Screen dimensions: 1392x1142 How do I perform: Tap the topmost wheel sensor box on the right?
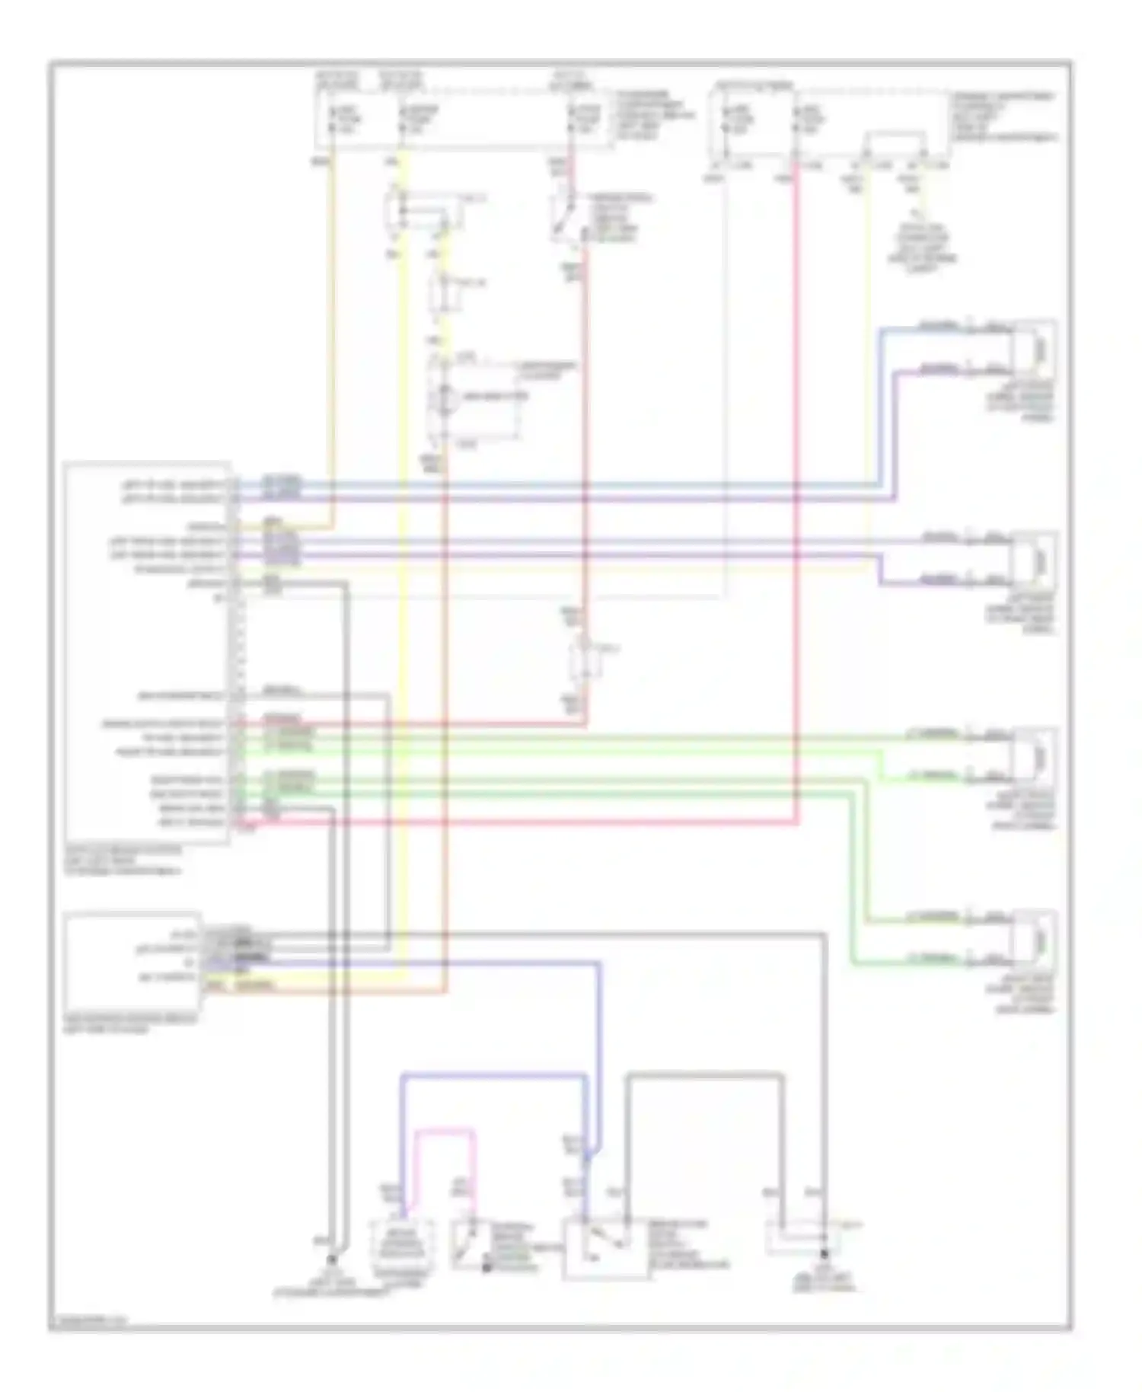click(x=1034, y=348)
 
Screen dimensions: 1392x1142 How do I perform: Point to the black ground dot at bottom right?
click(x=824, y=1253)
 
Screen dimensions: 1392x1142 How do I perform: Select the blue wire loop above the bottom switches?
click(x=493, y=1076)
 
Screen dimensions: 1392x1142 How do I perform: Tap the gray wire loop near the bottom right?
click(x=704, y=1075)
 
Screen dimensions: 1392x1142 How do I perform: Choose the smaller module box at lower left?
click(x=133, y=961)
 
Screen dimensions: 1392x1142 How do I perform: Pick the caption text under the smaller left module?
click(x=130, y=1023)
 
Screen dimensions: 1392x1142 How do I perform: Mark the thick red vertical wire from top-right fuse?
click(x=796, y=495)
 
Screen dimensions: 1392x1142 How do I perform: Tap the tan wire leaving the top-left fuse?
click(x=332, y=343)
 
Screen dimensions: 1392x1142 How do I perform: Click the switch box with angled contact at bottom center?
click(x=605, y=1247)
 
